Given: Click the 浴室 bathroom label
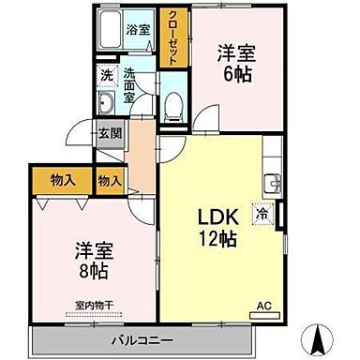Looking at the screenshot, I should click(x=139, y=29).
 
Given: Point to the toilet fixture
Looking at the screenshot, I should click(x=172, y=105).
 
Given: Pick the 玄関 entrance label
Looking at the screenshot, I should click(x=110, y=133).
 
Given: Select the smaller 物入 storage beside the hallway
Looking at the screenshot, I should click(x=110, y=179).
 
